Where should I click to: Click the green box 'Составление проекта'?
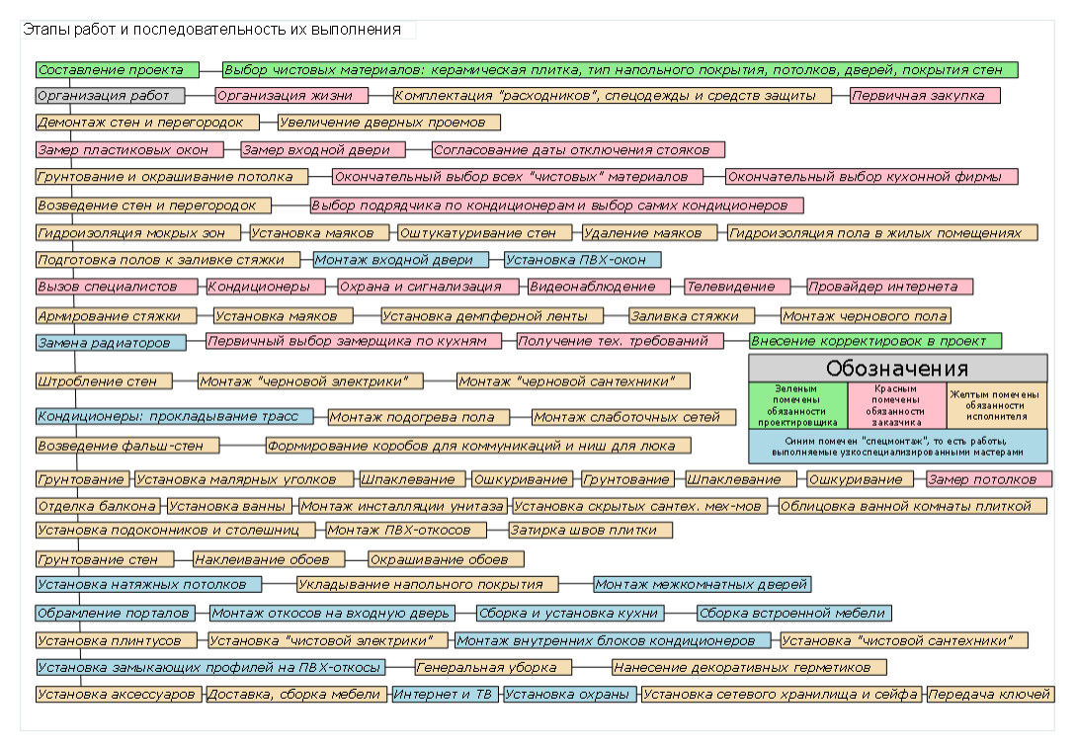(x=118, y=70)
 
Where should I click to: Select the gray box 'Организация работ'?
(x=111, y=96)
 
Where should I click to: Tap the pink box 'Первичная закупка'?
(x=925, y=96)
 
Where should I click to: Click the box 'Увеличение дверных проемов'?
(x=389, y=123)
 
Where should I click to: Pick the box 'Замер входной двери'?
(x=323, y=149)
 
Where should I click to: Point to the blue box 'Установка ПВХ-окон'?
(x=583, y=260)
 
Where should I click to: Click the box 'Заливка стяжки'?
(x=692, y=316)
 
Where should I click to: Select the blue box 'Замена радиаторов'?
(x=111, y=343)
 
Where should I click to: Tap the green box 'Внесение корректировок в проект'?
(x=875, y=341)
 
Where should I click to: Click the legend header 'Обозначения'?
(x=897, y=368)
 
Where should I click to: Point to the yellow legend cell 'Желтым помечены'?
(x=996, y=406)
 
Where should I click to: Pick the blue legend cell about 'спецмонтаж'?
(x=897, y=447)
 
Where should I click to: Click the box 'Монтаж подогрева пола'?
(x=419, y=417)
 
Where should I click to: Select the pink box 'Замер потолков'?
(x=989, y=479)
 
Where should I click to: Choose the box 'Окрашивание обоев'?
(x=446, y=559)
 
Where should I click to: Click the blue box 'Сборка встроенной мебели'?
(x=794, y=613)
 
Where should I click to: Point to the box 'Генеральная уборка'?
(x=493, y=667)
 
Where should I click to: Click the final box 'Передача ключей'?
(x=989, y=694)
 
